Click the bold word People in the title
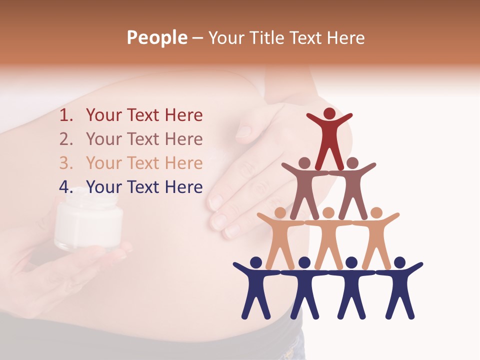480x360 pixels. pyautogui.click(x=156, y=37)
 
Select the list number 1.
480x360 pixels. pyautogui.click(x=66, y=115)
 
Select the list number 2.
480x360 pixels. pyautogui.click(x=66, y=139)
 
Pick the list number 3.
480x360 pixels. pyautogui.click(x=66, y=163)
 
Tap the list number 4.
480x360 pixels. pyautogui.click(x=66, y=187)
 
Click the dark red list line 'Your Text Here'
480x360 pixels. pyautogui.click(x=144, y=115)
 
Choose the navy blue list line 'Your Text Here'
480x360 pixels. pyautogui.click(x=144, y=187)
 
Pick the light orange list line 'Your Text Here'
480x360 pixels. pyautogui.click(x=144, y=163)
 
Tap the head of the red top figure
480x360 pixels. pyautogui.click(x=329, y=113)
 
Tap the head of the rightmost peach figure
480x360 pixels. pyautogui.click(x=376, y=212)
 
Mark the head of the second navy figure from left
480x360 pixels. pyautogui.click(x=304, y=262)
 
